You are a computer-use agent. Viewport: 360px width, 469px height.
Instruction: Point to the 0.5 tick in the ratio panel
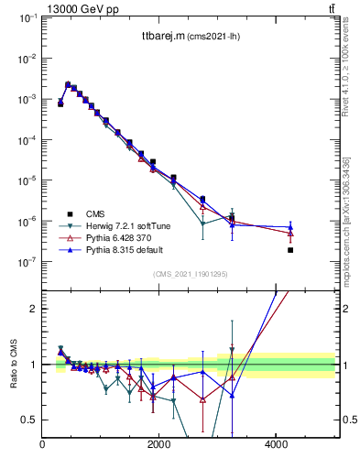pyautogui.click(x=31, y=420)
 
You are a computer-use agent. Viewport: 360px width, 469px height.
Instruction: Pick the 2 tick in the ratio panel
pyautogui.click(x=35, y=309)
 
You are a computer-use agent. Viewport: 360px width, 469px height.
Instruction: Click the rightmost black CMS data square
pyautogui.click(x=290, y=250)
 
